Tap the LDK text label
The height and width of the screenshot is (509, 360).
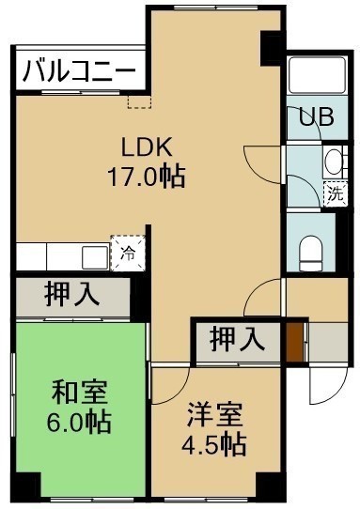point(147,147)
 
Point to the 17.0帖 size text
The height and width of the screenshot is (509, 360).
point(147,177)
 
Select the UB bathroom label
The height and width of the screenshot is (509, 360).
point(316,116)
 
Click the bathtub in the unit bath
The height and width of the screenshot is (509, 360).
point(317,75)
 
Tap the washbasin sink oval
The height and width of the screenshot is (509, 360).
point(333,162)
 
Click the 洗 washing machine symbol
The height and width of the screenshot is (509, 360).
point(336,193)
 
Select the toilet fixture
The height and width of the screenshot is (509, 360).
point(311,254)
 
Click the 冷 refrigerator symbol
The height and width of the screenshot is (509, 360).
point(128,254)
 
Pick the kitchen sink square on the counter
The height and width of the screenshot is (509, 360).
point(95,257)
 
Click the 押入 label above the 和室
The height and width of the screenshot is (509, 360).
point(72,295)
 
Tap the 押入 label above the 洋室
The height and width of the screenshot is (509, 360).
point(237,340)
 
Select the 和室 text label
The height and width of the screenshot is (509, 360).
point(79,393)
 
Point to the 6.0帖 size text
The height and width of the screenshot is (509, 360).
point(79,422)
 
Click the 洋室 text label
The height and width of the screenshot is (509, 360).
point(214,414)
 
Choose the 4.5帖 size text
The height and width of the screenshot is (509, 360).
point(213,444)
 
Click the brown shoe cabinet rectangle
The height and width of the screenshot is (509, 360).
point(294,342)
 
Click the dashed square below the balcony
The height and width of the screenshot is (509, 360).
point(139,101)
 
